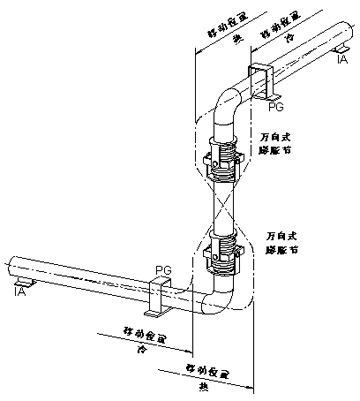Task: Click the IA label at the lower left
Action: [x=18, y=293]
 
